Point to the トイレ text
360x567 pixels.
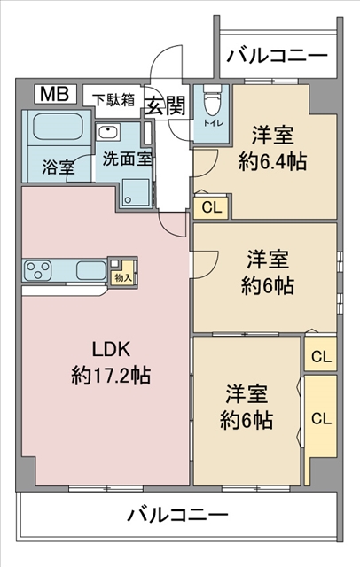tap(212, 124)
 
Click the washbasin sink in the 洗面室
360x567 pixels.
tap(108, 134)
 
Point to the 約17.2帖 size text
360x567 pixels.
tap(111, 375)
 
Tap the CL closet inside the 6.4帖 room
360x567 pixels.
tap(211, 208)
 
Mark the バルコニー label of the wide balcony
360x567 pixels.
tap(177, 515)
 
